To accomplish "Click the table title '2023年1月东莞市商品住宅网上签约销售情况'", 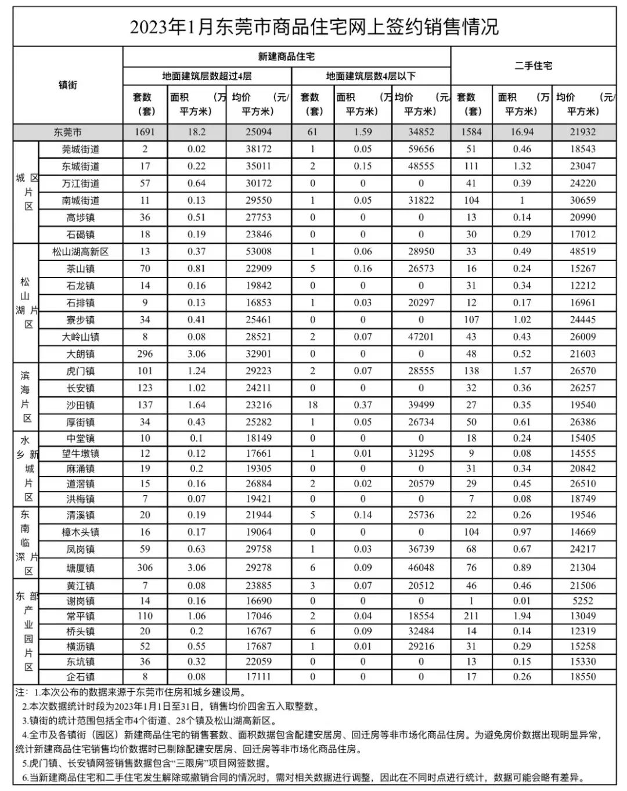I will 313,27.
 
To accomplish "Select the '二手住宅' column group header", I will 533,66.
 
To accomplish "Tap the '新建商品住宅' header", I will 286,56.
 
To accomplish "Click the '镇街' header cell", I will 67,85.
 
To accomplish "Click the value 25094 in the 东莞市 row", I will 258,132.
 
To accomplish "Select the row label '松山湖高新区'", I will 81,252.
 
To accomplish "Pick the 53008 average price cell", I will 258,252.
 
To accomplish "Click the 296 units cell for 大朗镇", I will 145,354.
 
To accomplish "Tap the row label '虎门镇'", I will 81,371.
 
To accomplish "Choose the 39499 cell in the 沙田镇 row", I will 421,405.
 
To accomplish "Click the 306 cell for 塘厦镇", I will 145,568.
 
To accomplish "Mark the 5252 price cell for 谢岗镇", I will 582,601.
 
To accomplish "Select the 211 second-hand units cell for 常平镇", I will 471,616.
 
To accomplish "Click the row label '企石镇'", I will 81,677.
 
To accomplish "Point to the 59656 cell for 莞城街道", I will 421,149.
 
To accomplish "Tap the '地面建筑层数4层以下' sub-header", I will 370,76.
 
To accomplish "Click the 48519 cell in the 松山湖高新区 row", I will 582,252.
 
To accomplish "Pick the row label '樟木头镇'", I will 81,532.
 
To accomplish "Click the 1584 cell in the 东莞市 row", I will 471,132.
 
